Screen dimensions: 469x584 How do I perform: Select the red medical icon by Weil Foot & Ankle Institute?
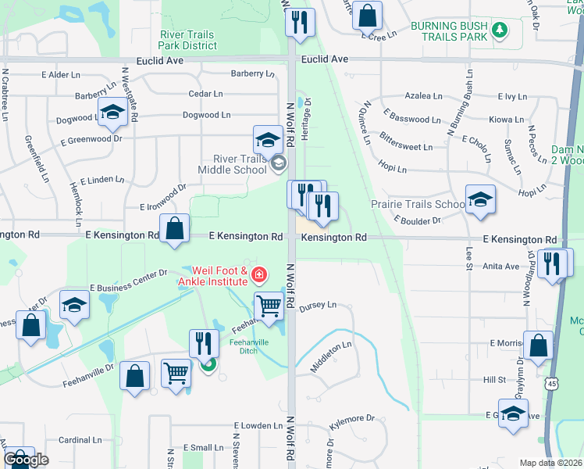click(x=258, y=275)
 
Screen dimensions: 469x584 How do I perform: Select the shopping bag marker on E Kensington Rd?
click(x=176, y=229)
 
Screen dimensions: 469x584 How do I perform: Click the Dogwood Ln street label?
click(x=206, y=115)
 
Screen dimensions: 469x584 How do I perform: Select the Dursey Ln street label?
click(x=317, y=304)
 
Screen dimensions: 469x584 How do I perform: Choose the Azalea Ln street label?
click(x=423, y=96)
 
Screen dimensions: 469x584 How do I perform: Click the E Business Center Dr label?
click(x=129, y=280)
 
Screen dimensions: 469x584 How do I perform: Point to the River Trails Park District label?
click(x=188, y=40)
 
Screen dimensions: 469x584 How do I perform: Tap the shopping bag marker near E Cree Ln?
click(x=366, y=15)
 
